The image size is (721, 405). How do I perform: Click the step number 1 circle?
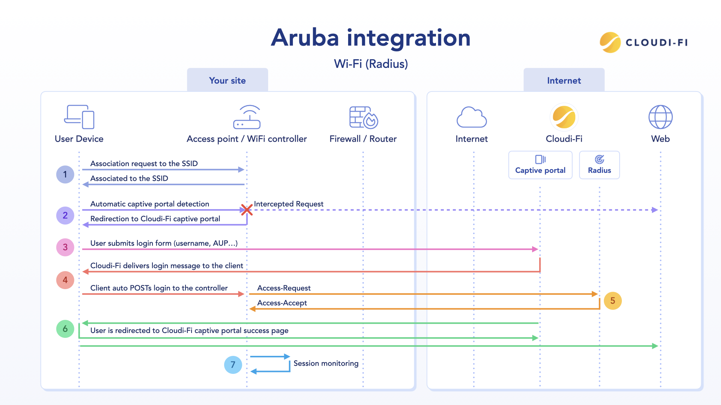[65, 174]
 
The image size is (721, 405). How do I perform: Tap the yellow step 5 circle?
[612, 301]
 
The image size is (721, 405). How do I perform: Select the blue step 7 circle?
[233, 364]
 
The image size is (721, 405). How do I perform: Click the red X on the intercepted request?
[247, 210]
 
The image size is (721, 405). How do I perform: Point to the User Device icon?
[79, 117]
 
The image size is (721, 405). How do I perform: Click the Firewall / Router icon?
[363, 117]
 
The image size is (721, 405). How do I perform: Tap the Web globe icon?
[660, 117]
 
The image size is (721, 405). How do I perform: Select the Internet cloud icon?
[471, 117]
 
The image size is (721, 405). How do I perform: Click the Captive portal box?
[540, 165]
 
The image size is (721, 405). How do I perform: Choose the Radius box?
[599, 165]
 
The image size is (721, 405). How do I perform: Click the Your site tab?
[227, 80]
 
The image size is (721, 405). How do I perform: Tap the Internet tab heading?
[564, 80]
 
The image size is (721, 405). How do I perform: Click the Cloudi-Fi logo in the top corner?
[644, 42]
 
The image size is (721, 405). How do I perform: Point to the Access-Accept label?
[282, 303]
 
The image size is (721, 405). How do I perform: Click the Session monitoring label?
[326, 363]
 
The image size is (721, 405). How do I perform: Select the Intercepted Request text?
[288, 204]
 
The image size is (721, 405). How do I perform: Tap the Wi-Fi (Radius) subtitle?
[371, 64]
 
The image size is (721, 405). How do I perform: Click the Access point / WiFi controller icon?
[247, 117]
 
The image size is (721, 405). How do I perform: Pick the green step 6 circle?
[65, 329]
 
